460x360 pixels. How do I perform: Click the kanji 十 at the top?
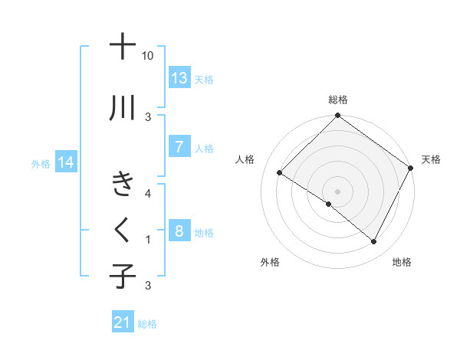click(123, 47)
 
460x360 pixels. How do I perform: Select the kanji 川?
click(123, 108)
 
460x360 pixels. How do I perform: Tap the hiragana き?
click(123, 185)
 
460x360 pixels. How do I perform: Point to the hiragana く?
click(123, 228)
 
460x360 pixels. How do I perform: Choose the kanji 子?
click(123, 276)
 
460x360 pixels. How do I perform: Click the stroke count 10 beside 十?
click(148, 56)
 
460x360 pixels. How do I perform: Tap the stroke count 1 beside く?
click(148, 240)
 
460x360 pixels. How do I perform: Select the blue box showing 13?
click(179, 78)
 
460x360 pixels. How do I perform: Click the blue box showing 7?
click(179, 147)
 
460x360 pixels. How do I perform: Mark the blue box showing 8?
click(179, 231)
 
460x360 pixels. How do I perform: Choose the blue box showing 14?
click(66, 162)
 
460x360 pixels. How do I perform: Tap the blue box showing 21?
click(123, 322)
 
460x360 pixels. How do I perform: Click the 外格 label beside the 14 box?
click(41, 163)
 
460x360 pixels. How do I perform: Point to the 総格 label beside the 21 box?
click(148, 324)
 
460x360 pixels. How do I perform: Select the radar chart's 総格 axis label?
click(337, 100)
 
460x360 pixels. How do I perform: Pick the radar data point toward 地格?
click(374, 242)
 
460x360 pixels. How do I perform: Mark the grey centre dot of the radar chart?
click(337, 191)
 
